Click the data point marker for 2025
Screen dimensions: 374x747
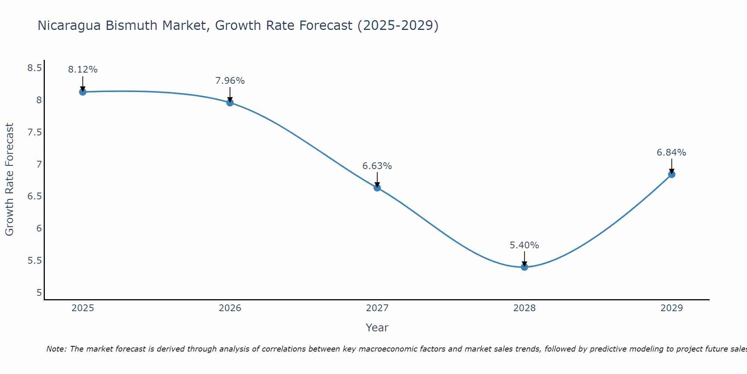click(83, 92)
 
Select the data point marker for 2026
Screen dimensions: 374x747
click(230, 102)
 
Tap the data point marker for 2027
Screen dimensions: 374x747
click(377, 188)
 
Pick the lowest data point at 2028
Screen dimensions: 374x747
click(524, 267)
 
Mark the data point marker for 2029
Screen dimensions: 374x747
click(672, 174)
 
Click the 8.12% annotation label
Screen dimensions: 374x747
click(83, 70)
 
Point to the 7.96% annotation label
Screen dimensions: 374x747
click(230, 81)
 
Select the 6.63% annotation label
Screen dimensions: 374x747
click(377, 166)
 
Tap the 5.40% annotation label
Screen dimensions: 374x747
click(524, 245)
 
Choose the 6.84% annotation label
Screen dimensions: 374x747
click(672, 153)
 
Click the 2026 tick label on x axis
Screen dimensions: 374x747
click(230, 308)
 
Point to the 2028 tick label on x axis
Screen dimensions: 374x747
click(524, 308)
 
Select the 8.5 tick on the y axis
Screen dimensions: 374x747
click(34, 68)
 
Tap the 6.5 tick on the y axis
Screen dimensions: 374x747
click(34, 196)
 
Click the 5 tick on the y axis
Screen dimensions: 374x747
click(39, 292)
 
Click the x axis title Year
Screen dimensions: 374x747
click(377, 328)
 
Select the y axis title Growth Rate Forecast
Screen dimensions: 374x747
click(10, 180)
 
